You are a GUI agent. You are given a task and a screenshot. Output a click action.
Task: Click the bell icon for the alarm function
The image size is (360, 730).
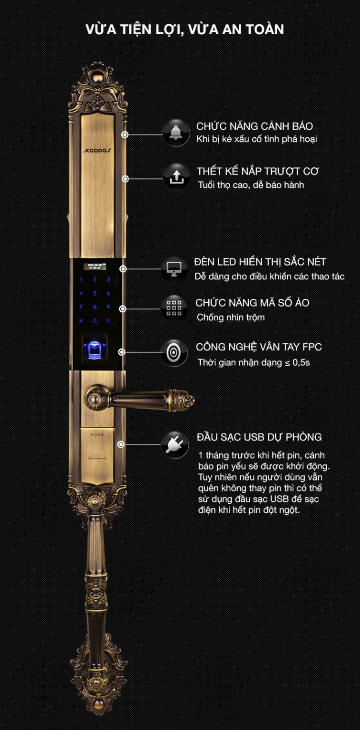pos(176,133)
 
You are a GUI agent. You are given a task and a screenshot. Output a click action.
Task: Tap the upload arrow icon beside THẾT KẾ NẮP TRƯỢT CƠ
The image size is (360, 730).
pos(176,177)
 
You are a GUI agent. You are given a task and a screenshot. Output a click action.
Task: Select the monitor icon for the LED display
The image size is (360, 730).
pos(174,269)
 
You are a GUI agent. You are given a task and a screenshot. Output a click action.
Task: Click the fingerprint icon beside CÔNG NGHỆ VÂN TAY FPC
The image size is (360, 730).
pos(174,352)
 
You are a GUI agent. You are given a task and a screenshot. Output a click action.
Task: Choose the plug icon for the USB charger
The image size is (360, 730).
pos(174,444)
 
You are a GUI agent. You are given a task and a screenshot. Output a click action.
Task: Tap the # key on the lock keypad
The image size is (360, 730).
pos(108,321)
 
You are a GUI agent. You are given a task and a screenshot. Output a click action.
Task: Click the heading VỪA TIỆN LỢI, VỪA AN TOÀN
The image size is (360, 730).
pos(185,29)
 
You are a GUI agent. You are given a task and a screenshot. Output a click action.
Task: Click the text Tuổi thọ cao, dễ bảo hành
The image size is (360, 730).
pos(251,185)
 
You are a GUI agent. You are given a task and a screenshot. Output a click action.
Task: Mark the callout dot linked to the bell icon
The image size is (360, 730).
pos(125,134)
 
